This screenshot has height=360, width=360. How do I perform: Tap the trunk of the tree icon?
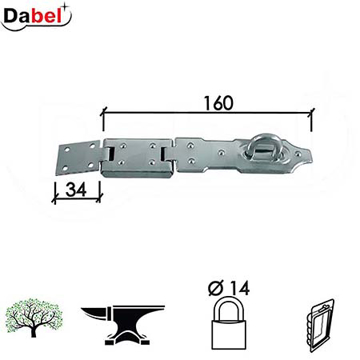35,324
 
